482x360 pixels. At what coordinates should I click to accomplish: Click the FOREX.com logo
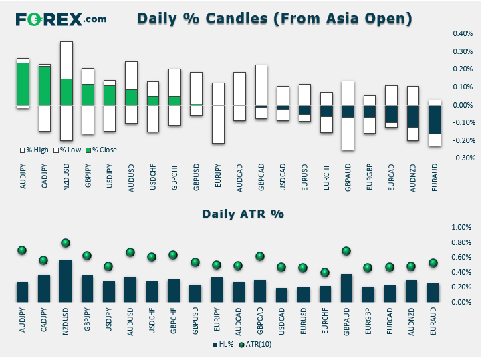62,19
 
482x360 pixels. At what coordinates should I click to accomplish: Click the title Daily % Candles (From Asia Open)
275,19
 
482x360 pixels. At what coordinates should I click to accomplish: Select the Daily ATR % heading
243,214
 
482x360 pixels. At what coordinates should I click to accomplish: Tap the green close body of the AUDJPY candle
23,84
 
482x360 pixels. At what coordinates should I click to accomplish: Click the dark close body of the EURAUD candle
435,120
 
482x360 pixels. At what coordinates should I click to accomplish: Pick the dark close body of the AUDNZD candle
413,116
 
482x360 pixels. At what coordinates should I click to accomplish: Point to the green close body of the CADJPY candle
45,85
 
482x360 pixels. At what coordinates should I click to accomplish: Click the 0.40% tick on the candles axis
463,33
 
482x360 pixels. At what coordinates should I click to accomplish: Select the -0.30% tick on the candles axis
463,158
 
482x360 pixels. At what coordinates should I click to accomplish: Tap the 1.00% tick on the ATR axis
461,227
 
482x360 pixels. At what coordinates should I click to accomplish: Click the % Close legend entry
101,150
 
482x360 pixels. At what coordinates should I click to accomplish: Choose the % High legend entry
35,150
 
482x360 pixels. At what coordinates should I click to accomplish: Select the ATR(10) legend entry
255,345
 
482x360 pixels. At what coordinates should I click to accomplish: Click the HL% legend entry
223,345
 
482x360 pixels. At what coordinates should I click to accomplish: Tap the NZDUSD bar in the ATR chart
66,281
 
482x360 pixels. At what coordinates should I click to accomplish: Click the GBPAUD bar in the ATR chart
346,288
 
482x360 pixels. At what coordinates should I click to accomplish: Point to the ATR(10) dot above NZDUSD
66,243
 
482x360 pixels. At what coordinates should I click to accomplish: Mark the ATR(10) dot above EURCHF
325,273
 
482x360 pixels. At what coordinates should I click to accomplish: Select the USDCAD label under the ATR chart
281,321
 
